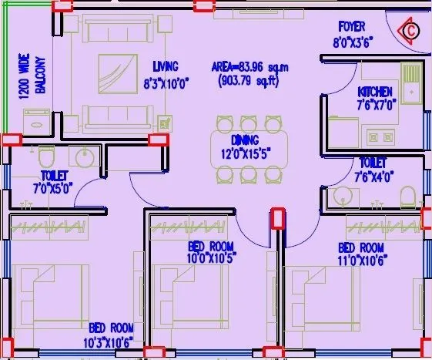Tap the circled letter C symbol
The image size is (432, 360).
[411, 31]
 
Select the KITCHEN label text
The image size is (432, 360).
[374, 93]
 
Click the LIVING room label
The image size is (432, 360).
[166, 66]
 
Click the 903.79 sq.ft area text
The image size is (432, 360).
[249, 79]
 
